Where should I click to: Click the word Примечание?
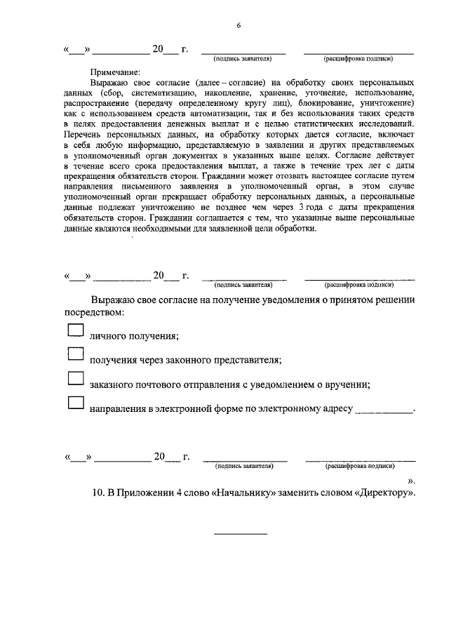pyautogui.click(x=115, y=72)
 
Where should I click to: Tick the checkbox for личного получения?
pyautogui.click(x=75, y=331)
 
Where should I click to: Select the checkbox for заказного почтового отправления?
pyautogui.click(x=75, y=379)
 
